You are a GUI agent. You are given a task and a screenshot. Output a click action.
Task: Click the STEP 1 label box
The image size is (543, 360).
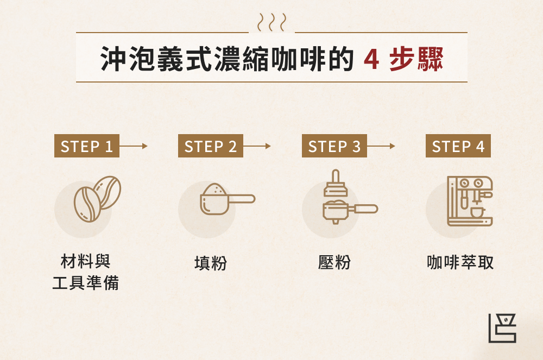tap(86, 146)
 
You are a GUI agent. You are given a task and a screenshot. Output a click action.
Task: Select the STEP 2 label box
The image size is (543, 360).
tap(210, 146)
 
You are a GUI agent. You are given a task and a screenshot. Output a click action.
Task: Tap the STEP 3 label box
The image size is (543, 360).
tap(334, 146)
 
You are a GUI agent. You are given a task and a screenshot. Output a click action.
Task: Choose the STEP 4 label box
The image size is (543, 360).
tap(458, 146)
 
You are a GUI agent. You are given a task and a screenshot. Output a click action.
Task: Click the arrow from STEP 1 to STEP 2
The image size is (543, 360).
tap(134, 146)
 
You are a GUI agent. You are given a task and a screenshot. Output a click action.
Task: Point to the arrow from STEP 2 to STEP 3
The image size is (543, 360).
tap(257, 146)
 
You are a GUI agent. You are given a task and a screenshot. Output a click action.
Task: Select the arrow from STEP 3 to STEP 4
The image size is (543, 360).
tap(381, 146)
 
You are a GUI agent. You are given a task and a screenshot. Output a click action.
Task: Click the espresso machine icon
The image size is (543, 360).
tap(469, 200)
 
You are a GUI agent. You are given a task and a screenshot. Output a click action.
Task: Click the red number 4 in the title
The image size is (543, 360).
tap(371, 59)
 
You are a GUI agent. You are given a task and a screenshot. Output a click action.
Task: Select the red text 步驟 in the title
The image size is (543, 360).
tap(416, 59)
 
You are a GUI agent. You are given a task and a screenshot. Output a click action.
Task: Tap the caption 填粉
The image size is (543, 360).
tap(210, 263)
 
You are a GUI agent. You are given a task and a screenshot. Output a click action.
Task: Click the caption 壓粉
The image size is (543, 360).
tap(334, 263)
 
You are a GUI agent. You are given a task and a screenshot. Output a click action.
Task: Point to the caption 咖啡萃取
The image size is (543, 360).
tap(460, 263)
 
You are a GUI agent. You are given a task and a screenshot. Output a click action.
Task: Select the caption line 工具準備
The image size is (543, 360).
tap(85, 283)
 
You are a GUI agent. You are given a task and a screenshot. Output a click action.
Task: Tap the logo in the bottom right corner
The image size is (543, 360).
tap(502, 328)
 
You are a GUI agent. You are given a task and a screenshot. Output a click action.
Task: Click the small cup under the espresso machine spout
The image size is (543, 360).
tap(477, 212)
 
